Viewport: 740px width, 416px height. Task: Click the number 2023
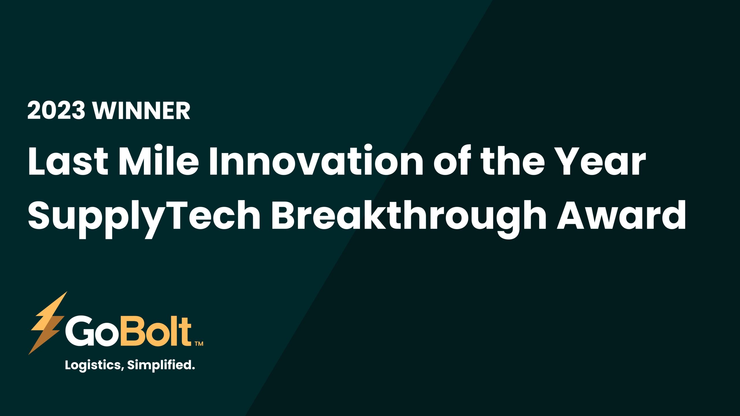(56, 110)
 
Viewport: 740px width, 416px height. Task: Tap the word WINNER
(141, 110)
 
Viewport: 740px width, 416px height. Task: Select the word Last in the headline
(68, 161)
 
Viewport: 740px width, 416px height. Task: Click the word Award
(621, 215)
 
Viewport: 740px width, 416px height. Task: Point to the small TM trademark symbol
(199, 343)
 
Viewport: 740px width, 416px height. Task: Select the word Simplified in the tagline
(161, 365)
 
